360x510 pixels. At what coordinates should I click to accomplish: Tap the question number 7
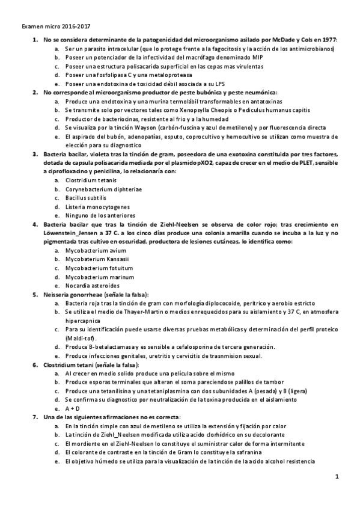click(x=34, y=417)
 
